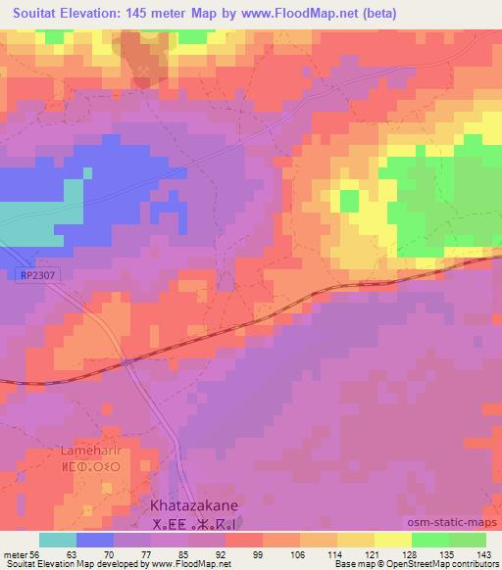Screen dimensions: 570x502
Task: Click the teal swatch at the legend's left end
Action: (57, 540)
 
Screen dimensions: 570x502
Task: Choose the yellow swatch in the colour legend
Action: (393, 540)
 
